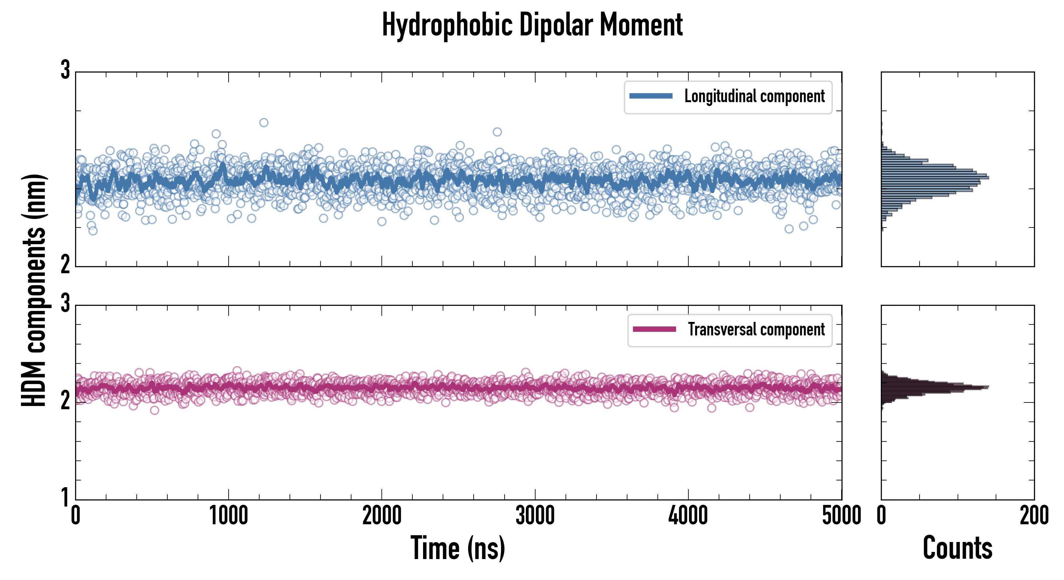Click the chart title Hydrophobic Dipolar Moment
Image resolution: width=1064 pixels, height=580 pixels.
click(x=532, y=25)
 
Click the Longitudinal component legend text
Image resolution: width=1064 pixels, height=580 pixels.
click(x=754, y=96)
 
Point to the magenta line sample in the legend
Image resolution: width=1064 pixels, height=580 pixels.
click(x=654, y=329)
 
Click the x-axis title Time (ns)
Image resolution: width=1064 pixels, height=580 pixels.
click(x=458, y=548)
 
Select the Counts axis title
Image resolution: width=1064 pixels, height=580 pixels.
click(x=957, y=548)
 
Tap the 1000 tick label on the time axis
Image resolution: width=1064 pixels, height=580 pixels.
click(x=228, y=516)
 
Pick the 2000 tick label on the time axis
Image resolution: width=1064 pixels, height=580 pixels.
click(x=382, y=516)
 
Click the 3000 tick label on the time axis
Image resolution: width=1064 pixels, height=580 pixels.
click(x=535, y=516)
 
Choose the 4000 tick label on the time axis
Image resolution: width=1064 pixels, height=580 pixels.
click(x=688, y=516)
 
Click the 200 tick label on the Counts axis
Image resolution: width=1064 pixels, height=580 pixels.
click(x=1034, y=516)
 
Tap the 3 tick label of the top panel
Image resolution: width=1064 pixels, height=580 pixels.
click(x=65, y=70)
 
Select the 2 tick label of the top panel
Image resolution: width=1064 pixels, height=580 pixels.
click(x=65, y=264)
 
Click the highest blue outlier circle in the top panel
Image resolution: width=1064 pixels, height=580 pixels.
click(x=263, y=122)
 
